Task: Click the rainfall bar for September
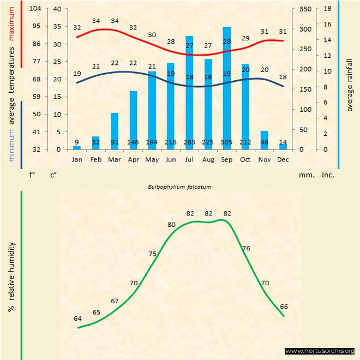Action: (x=227, y=87)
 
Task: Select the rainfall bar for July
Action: (x=189, y=93)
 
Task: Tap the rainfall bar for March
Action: (x=115, y=131)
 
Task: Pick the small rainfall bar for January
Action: (x=77, y=147)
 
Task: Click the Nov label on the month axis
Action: (x=264, y=159)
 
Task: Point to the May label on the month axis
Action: (x=152, y=159)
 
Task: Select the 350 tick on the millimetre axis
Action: (x=305, y=9)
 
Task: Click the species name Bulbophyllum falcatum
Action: (x=179, y=187)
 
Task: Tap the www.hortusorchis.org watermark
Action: (x=320, y=351)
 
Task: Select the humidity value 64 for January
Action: (x=78, y=319)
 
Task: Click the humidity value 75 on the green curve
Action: (x=152, y=254)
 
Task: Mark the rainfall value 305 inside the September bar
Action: (x=227, y=143)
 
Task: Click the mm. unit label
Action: (x=305, y=175)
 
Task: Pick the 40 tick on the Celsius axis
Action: (x=57, y=9)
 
